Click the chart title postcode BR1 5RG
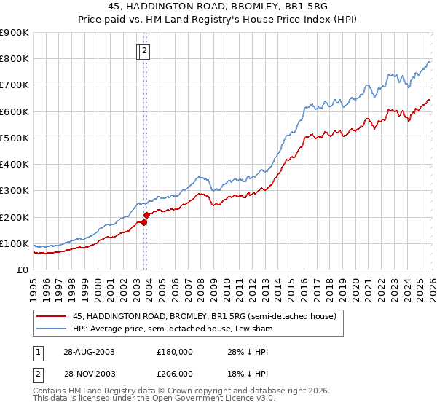[x=295, y=7]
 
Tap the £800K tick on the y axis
[x=15, y=59]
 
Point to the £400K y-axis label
[x=15, y=165]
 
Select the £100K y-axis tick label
[x=15, y=243]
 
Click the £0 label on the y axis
[x=23, y=270]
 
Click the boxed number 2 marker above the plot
[x=145, y=51]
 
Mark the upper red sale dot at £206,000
[x=146, y=215]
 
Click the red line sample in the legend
[x=51, y=317]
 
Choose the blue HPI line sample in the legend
[x=51, y=330]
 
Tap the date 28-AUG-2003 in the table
[x=89, y=352]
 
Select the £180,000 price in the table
[x=175, y=352]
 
